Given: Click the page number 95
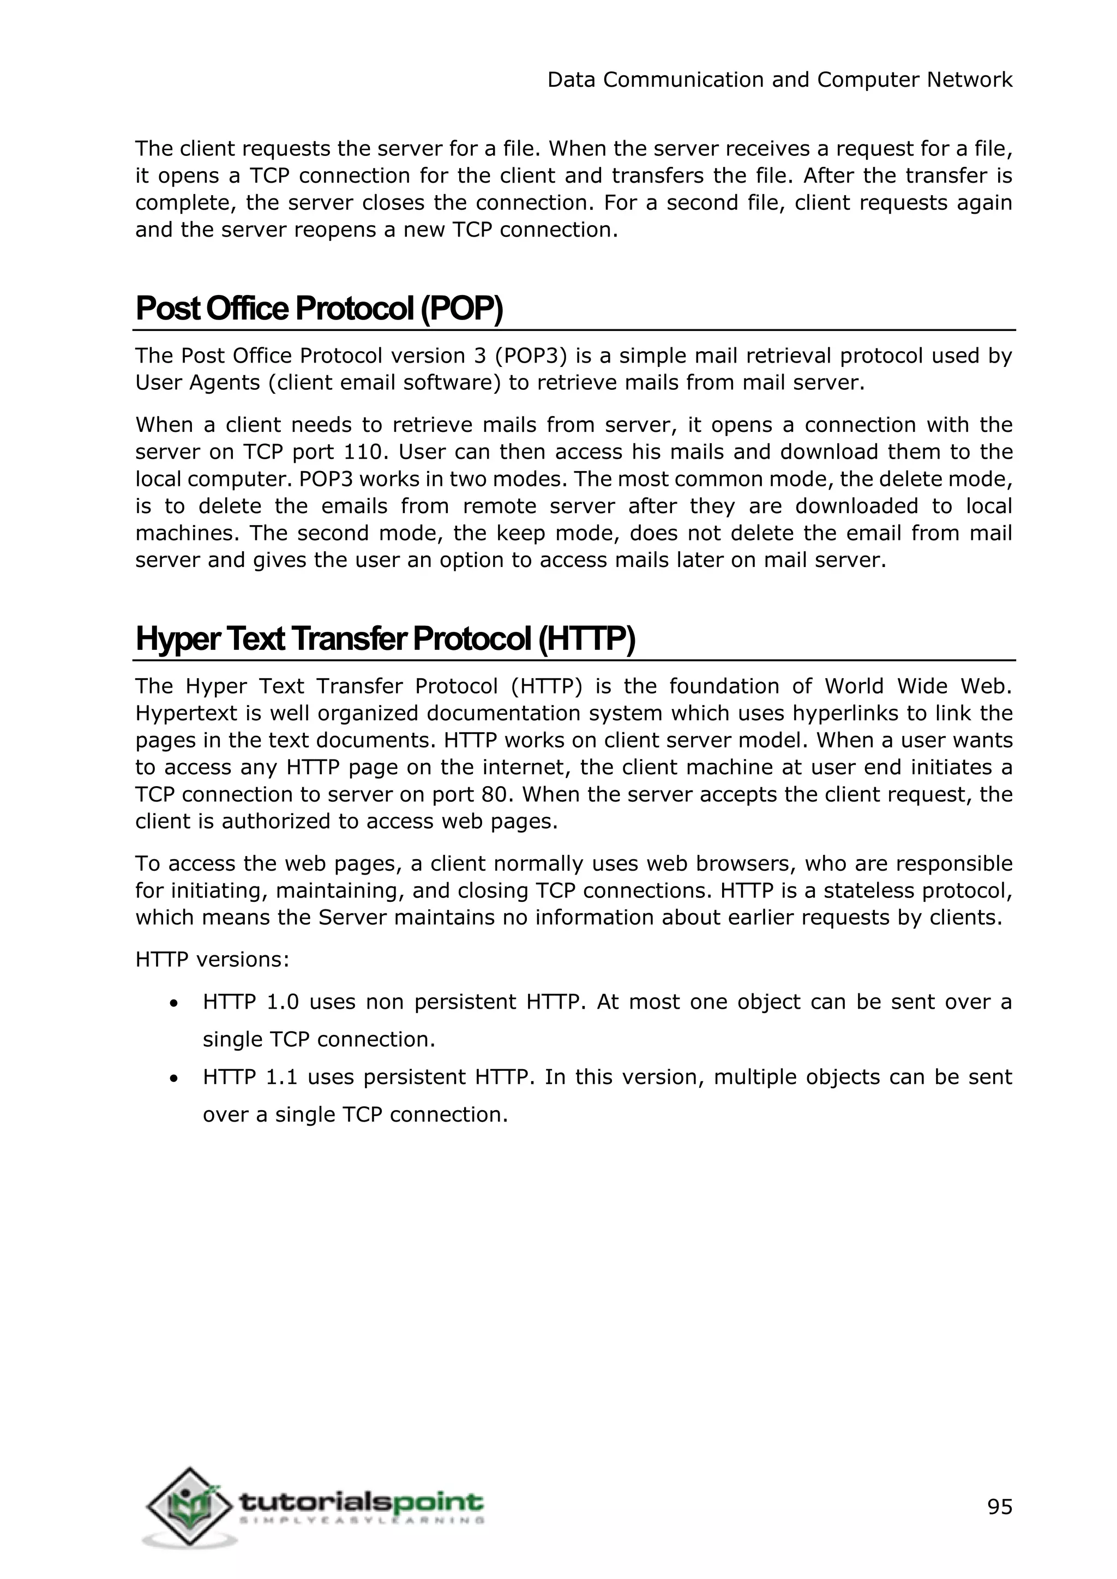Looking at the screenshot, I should coord(999,1508).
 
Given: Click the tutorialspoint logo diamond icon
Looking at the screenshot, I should coord(189,1508).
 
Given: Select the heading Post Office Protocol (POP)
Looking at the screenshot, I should coord(319,309).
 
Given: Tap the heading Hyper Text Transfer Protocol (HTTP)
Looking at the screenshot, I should coord(385,639).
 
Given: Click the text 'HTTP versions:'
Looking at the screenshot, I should coord(212,960).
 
